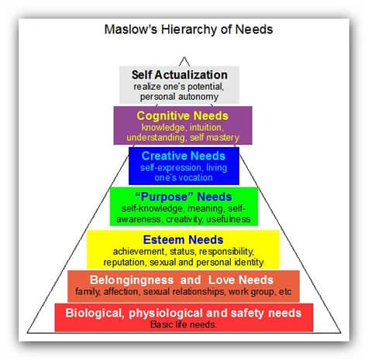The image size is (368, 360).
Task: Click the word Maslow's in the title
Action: point(131,29)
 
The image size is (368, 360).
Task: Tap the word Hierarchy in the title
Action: point(190,30)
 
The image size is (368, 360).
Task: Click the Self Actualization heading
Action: point(180,75)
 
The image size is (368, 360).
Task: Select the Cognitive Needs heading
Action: point(183,116)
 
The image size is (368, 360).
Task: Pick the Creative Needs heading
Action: point(184,156)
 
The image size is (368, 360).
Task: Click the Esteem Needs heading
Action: point(183,240)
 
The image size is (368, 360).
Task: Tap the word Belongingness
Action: point(132,280)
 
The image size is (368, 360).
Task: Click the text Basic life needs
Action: point(183,324)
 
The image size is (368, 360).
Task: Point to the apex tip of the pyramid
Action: point(184,57)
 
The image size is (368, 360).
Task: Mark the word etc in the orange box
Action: point(285,292)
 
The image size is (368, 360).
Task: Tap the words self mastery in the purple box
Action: point(215,138)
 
